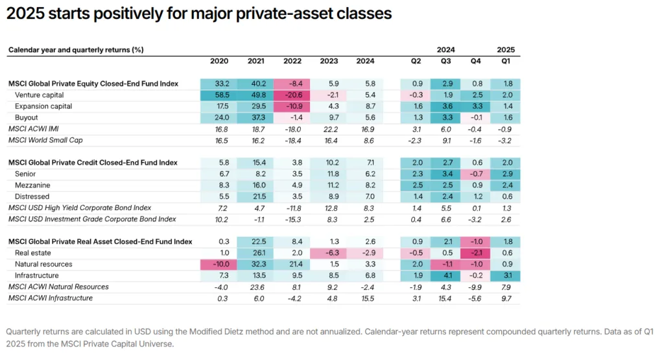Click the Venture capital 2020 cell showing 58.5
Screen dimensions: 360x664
(219, 95)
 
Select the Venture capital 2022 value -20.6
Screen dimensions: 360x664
(292, 95)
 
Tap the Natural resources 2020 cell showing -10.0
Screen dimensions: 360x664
(219, 264)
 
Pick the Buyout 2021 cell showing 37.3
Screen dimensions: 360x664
(255, 117)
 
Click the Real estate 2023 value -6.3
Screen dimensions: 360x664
(329, 253)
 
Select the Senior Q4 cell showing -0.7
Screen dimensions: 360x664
(475, 174)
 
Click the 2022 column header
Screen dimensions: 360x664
(292, 61)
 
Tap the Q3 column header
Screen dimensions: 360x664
(445, 61)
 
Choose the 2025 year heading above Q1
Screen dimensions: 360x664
(506, 49)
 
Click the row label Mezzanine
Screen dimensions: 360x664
(32, 185)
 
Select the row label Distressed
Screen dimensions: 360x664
(32, 197)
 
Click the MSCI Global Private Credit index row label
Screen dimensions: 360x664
(93, 162)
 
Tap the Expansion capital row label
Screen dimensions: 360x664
(43, 106)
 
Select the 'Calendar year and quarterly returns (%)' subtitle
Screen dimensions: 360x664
(75, 49)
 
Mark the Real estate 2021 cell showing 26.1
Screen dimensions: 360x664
(255, 253)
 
